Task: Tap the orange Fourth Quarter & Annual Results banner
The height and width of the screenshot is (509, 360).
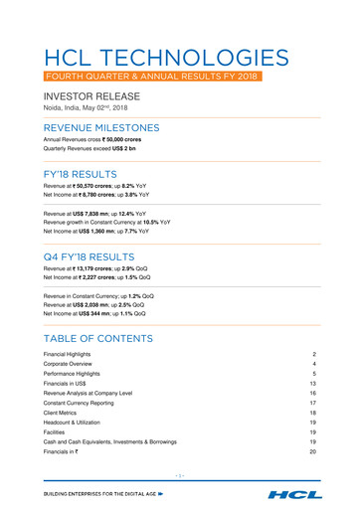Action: click(149, 76)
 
